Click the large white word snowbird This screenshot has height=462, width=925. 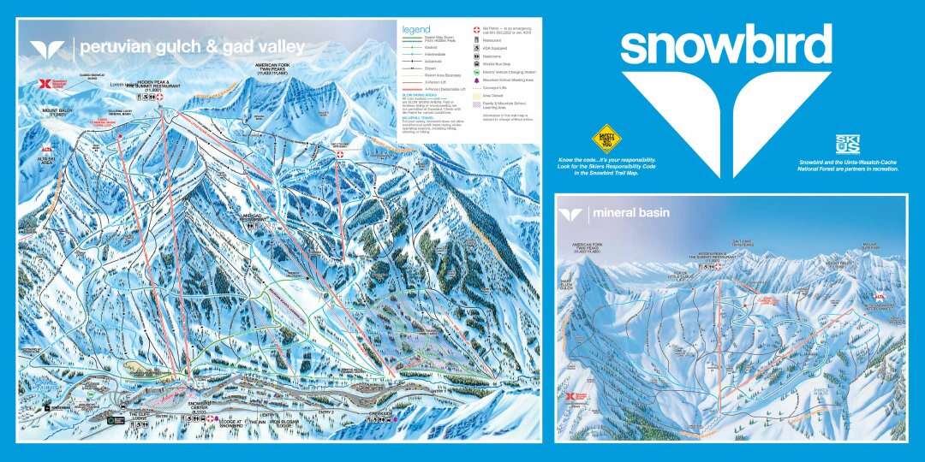tap(725, 44)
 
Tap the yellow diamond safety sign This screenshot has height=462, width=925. tap(606, 139)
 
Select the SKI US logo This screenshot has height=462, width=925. tap(847, 145)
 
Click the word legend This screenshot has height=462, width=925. tap(415, 30)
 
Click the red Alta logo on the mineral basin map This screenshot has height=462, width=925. tap(875, 296)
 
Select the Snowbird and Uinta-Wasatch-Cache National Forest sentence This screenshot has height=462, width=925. tap(847, 165)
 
